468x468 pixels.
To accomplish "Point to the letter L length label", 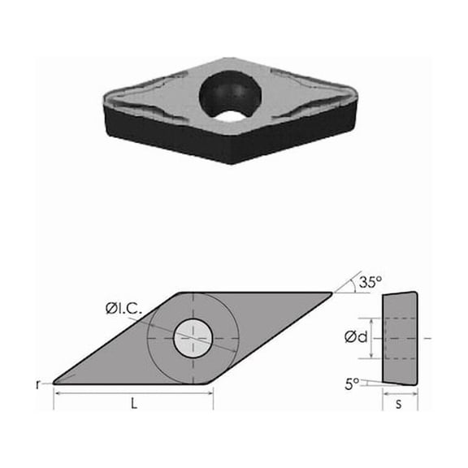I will point(132,404).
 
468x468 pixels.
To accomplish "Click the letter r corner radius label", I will point(38,383).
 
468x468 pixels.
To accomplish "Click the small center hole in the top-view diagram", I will point(193,337).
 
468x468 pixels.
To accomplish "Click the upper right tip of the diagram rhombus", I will point(331,293).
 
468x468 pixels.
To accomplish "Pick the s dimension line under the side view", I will point(400,393).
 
